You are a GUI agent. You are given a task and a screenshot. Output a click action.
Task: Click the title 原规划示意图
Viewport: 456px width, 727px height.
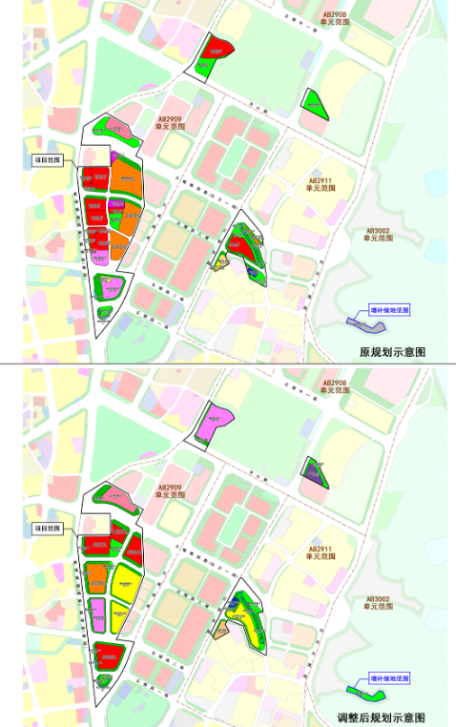pyautogui.click(x=390, y=350)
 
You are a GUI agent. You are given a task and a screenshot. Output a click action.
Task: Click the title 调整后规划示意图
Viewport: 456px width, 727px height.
pyautogui.click(x=381, y=717)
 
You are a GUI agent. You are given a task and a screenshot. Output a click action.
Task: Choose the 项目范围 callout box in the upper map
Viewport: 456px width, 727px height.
pyautogui.click(x=48, y=161)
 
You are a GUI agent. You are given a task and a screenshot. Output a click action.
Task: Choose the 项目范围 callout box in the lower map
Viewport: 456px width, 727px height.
pyautogui.click(x=48, y=528)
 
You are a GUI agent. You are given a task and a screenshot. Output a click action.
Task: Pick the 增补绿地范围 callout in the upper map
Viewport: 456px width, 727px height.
pyautogui.click(x=389, y=310)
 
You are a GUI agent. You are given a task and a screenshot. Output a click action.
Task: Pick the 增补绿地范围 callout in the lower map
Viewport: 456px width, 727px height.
pyautogui.click(x=389, y=677)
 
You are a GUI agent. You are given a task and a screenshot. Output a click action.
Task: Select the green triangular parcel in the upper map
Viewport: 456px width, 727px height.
pyautogui.click(x=315, y=103)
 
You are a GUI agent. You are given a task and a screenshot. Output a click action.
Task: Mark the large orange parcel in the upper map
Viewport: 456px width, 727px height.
pyautogui.click(x=126, y=177)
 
